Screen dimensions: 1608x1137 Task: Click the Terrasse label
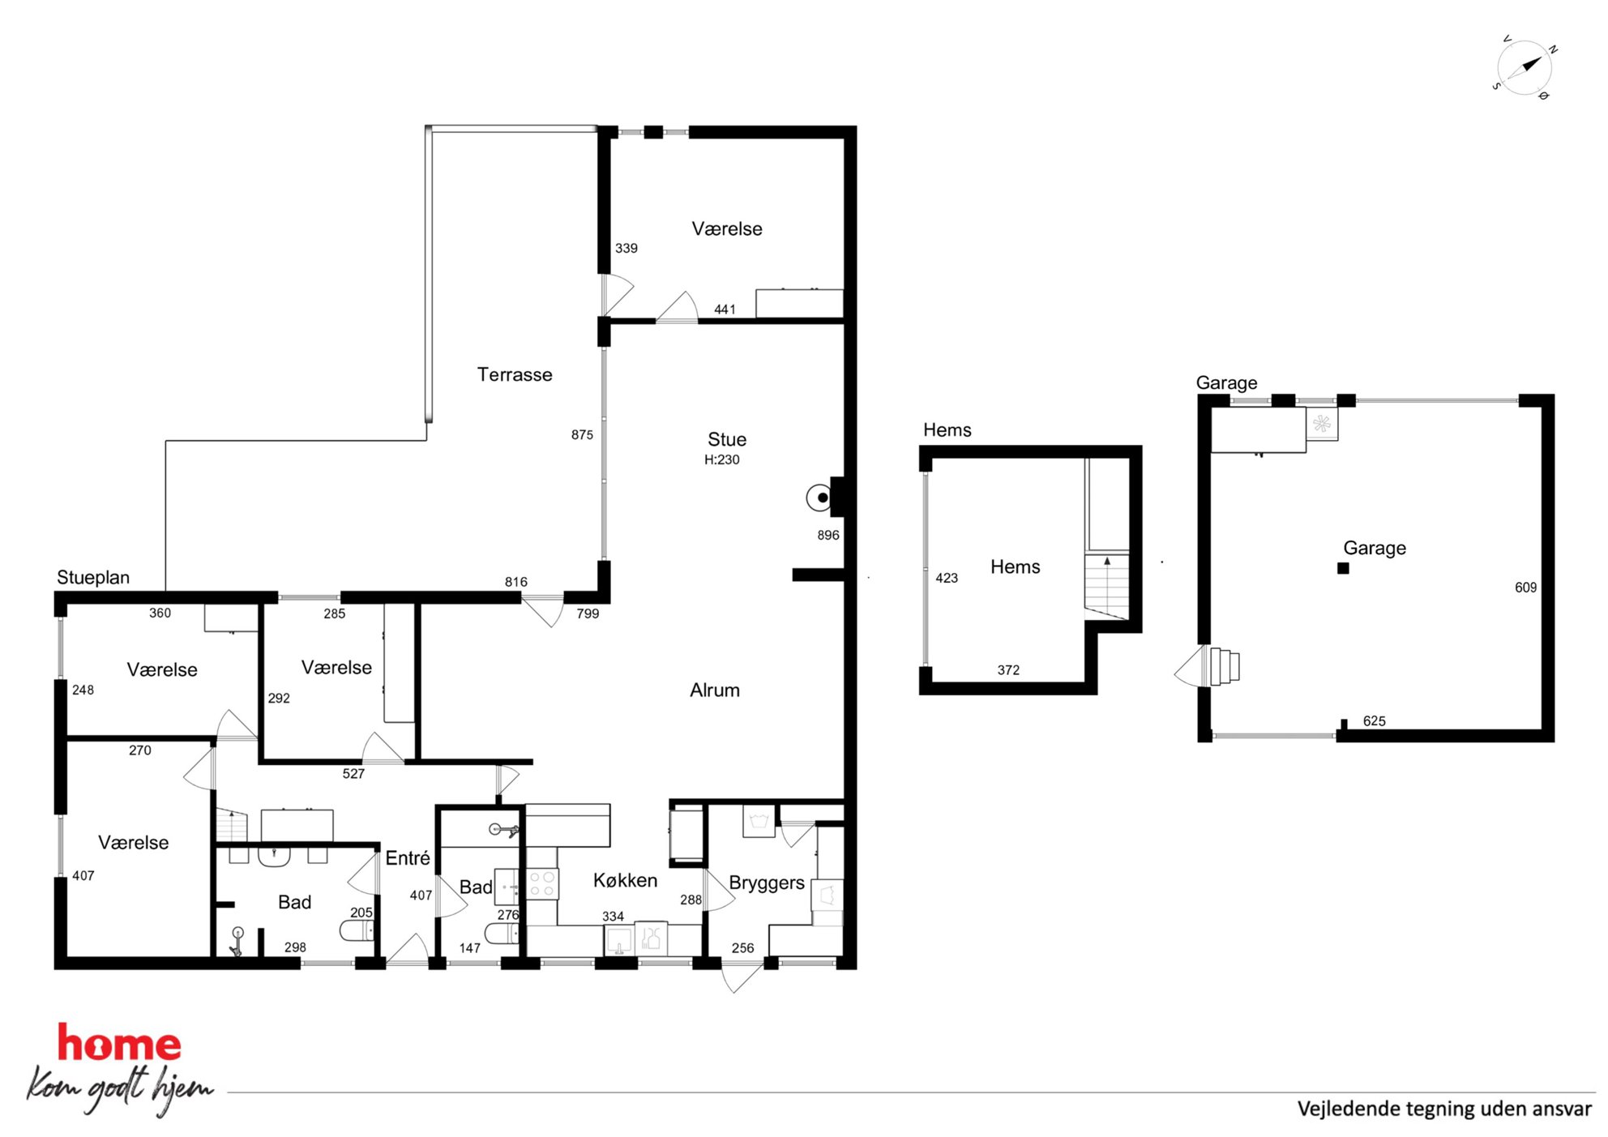[x=515, y=374]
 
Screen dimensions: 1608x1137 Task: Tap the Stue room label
[x=727, y=439]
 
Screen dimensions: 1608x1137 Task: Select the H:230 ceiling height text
[x=721, y=460]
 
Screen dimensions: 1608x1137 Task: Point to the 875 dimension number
[x=582, y=435]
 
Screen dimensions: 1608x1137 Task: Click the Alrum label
[x=715, y=690]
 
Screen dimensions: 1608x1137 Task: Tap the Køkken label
[x=625, y=880]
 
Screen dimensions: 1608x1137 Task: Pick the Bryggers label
[x=767, y=883]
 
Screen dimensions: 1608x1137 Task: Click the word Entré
[x=408, y=857]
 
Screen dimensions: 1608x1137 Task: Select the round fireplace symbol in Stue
[x=819, y=498]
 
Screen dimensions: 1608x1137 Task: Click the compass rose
[x=1525, y=68]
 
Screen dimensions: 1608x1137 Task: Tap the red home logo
[x=119, y=1043]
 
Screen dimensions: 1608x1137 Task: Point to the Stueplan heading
[x=93, y=577]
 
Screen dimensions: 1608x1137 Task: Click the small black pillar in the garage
[x=1343, y=569]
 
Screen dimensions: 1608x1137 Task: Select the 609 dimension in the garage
[x=1525, y=588]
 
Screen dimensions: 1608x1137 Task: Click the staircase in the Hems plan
[x=1107, y=587]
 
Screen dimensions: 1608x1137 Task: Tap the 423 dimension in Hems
[x=947, y=578]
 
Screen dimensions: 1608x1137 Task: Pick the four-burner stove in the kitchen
[x=542, y=883]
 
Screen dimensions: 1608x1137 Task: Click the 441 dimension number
[x=725, y=310]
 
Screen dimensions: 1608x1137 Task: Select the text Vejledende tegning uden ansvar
[x=1444, y=1109]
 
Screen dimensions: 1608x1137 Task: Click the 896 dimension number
[x=828, y=535]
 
